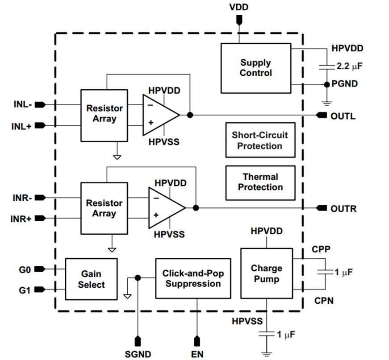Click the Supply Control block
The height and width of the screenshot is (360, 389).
click(255, 68)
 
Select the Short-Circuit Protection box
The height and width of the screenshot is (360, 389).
click(260, 140)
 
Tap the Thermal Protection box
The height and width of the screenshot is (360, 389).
click(260, 182)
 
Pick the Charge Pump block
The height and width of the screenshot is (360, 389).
click(266, 274)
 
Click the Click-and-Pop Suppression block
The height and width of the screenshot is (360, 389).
click(193, 278)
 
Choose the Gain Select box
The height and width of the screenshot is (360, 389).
click(91, 279)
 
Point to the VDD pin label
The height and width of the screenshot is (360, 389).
click(238, 8)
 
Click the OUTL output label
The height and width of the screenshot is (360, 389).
click(343, 116)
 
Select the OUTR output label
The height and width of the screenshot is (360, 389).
click(343, 208)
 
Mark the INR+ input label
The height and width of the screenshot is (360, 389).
click(22, 219)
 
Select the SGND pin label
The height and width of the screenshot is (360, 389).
click(138, 354)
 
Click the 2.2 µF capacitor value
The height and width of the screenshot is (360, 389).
click(349, 66)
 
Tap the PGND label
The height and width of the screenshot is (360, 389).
click(344, 84)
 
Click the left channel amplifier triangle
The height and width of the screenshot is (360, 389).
click(159, 115)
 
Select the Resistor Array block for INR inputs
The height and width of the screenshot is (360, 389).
click(104, 208)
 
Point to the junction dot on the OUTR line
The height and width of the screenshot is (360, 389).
click(195, 208)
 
